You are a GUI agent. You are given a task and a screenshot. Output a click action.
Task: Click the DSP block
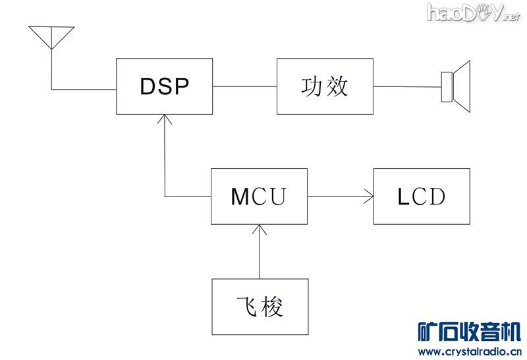pyautogui.click(x=164, y=86)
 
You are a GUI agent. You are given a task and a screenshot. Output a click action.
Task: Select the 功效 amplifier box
pyautogui.click(x=324, y=86)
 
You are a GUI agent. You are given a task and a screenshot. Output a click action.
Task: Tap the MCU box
pyautogui.click(x=259, y=196)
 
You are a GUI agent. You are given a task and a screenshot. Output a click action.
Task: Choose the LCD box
pyautogui.click(x=422, y=196)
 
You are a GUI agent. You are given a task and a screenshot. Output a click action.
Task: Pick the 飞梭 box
pyautogui.click(x=260, y=307)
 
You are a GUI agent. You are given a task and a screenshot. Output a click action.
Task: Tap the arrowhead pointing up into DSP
pyautogui.click(x=164, y=119)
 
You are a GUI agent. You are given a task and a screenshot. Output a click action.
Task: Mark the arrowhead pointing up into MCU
pyautogui.click(x=260, y=229)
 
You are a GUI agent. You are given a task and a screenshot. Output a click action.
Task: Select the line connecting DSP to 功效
pyautogui.click(x=244, y=86)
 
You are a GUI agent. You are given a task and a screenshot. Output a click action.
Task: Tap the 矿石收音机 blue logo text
pyautogui.click(x=470, y=331)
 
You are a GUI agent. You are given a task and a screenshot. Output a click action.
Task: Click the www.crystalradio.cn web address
pyautogui.click(x=470, y=351)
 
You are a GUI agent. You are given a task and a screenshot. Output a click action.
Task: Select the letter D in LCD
pyautogui.click(x=436, y=196)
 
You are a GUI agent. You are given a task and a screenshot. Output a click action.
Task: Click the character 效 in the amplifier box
pyautogui.click(x=337, y=86)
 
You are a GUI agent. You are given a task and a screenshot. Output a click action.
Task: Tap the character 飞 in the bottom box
pyautogui.click(x=246, y=307)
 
